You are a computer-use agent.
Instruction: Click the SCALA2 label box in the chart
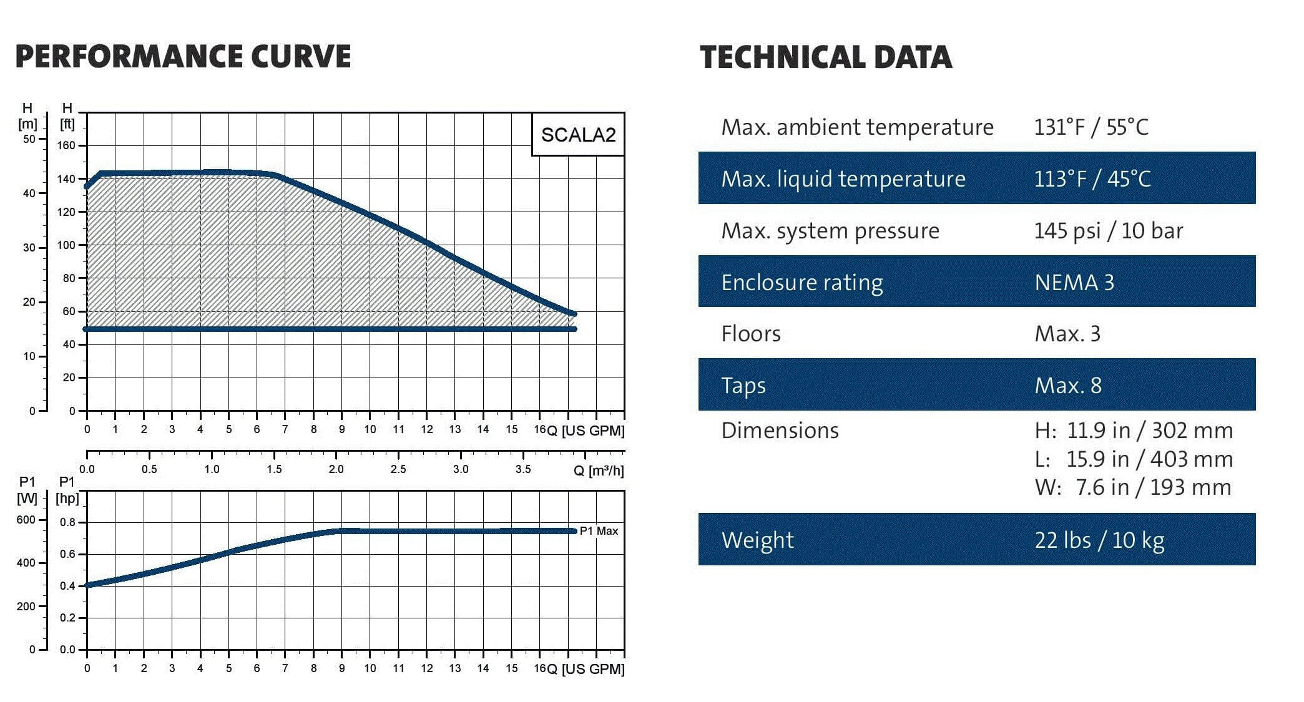(x=578, y=135)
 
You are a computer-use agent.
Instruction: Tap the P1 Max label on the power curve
(x=599, y=531)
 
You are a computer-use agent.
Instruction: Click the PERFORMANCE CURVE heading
(x=183, y=56)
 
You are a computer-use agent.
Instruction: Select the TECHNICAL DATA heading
(x=826, y=57)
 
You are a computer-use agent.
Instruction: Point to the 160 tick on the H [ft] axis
(x=67, y=145)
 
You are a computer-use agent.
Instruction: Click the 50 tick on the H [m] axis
(x=29, y=139)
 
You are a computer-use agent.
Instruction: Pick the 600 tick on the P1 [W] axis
(x=26, y=520)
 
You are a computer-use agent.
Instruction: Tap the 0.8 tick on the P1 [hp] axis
(x=67, y=522)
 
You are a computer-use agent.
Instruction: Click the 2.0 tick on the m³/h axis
(x=336, y=469)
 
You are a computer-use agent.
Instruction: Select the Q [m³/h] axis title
(x=598, y=470)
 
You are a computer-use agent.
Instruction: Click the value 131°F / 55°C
(x=1091, y=127)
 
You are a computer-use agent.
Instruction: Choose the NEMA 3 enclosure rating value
(x=1074, y=283)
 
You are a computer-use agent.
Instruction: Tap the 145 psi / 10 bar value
(x=1108, y=231)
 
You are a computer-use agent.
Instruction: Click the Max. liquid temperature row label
(x=843, y=179)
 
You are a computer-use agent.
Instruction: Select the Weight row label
(x=757, y=540)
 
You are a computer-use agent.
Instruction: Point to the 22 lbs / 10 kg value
(x=1099, y=540)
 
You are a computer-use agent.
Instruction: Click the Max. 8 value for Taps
(x=1068, y=386)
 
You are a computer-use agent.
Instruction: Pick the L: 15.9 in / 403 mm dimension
(x=1134, y=459)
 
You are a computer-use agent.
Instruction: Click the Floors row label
(x=751, y=334)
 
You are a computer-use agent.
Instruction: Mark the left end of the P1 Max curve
(x=87, y=585)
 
